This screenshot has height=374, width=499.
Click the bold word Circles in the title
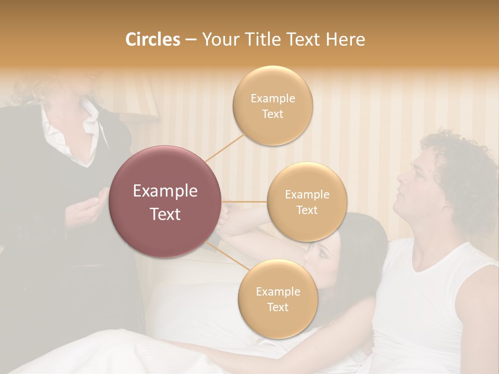click(153, 39)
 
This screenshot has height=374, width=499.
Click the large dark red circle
click(165, 202)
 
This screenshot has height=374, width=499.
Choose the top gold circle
click(272, 105)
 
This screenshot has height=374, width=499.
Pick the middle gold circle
click(307, 202)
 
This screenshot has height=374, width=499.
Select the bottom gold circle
click(278, 299)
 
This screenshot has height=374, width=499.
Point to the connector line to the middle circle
click(244, 202)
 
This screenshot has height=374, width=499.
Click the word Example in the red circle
click(165, 191)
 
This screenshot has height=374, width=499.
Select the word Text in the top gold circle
click(272, 114)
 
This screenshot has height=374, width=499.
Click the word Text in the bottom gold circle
click(278, 307)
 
